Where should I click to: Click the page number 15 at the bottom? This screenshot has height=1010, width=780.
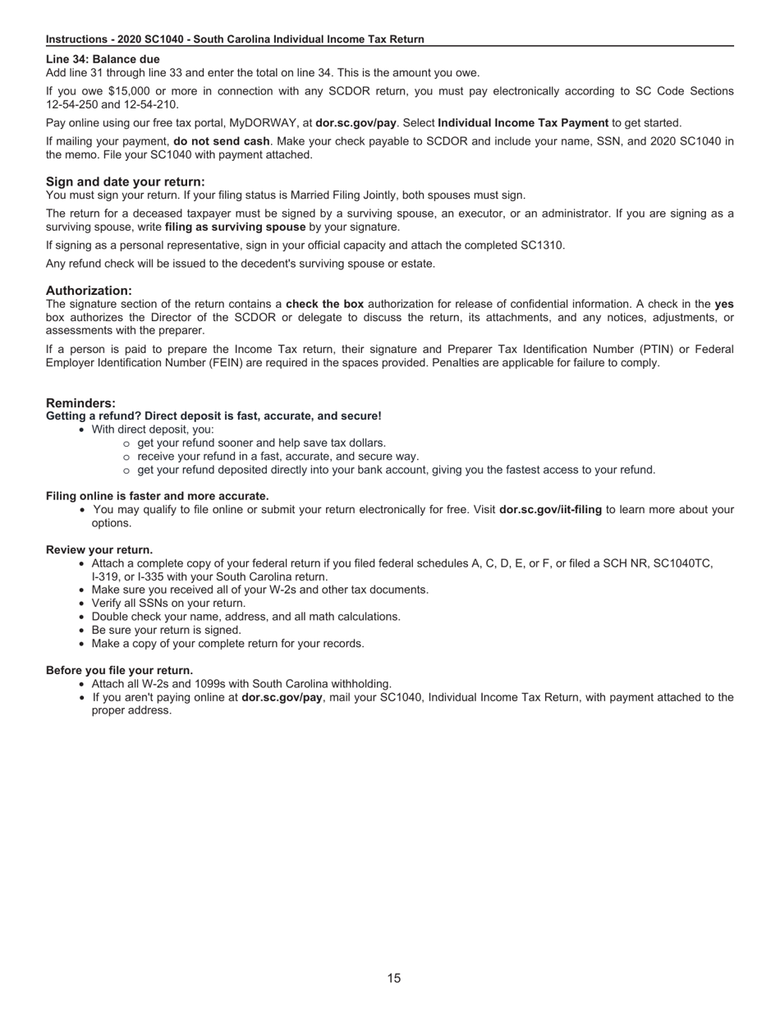click(394, 978)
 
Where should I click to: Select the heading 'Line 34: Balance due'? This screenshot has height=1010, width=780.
click(103, 59)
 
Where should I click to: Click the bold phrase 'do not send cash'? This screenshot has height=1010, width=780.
click(221, 141)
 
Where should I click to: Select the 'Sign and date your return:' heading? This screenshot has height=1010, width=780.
click(126, 181)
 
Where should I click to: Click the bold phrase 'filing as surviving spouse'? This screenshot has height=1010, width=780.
click(235, 227)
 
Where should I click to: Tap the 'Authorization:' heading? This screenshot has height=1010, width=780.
click(89, 291)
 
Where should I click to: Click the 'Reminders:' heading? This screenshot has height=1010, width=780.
click(80, 403)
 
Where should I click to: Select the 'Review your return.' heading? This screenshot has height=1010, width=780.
click(99, 549)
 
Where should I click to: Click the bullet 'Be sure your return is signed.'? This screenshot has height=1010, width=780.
click(166, 630)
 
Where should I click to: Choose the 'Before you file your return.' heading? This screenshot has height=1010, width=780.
click(119, 670)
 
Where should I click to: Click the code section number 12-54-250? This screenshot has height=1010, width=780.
click(71, 104)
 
